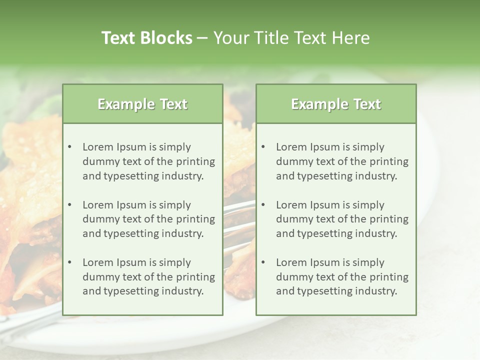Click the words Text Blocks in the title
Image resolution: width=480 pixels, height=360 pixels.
(146, 38)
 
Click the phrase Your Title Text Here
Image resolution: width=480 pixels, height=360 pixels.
(291, 38)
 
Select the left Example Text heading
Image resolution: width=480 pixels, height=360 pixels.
(142, 104)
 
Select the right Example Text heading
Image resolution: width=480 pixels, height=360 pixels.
(336, 104)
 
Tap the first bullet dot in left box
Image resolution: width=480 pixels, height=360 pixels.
(69, 147)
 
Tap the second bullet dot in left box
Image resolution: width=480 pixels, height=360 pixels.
(69, 205)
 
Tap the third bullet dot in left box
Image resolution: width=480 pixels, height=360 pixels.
(69, 262)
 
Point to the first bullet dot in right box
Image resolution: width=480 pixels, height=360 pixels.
(263, 147)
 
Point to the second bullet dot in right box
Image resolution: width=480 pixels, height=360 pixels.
(263, 205)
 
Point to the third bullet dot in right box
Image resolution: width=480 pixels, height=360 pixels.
(263, 262)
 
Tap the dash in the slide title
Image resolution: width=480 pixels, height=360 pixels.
(202, 38)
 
